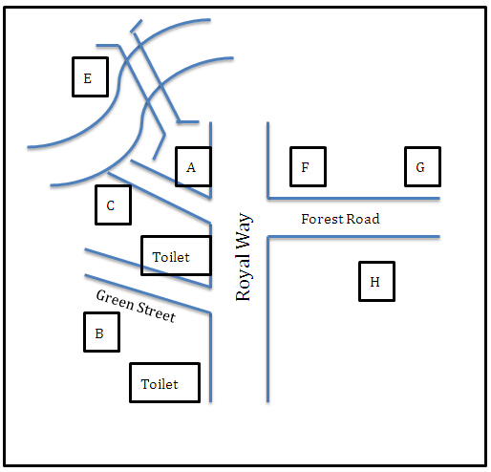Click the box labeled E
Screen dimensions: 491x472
pyautogui.click(x=91, y=76)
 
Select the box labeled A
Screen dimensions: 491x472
pyautogui.click(x=193, y=166)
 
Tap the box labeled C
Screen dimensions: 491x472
pyautogui.click(x=114, y=205)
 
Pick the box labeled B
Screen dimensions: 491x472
pyautogui.click(x=102, y=333)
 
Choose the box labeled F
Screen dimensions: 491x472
pyautogui.click(x=308, y=166)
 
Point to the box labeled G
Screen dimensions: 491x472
pyautogui.click(x=422, y=166)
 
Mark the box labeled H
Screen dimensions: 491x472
pyautogui.click(x=376, y=281)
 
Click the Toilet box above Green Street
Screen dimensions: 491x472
pyautogui.click(x=177, y=255)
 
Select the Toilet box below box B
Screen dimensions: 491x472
pyautogui.click(x=165, y=382)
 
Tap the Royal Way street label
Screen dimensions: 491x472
pyautogui.click(x=243, y=257)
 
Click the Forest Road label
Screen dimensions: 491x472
pyautogui.click(x=340, y=219)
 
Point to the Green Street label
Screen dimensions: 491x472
pyautogui.click(x=136, y=307)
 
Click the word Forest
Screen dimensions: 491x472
pyautogui.click(x=322, y=219)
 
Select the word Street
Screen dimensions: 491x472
pyautogui.click(x=156, y=312)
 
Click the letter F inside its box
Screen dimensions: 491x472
pyautogui.click(x=305, y=167)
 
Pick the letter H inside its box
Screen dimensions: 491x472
pyautogui.click(x=374, y=282)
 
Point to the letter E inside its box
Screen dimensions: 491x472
pyautogui.click(x=88, y=78)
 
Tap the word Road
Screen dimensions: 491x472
pyautogui.click(x=363, y=219)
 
